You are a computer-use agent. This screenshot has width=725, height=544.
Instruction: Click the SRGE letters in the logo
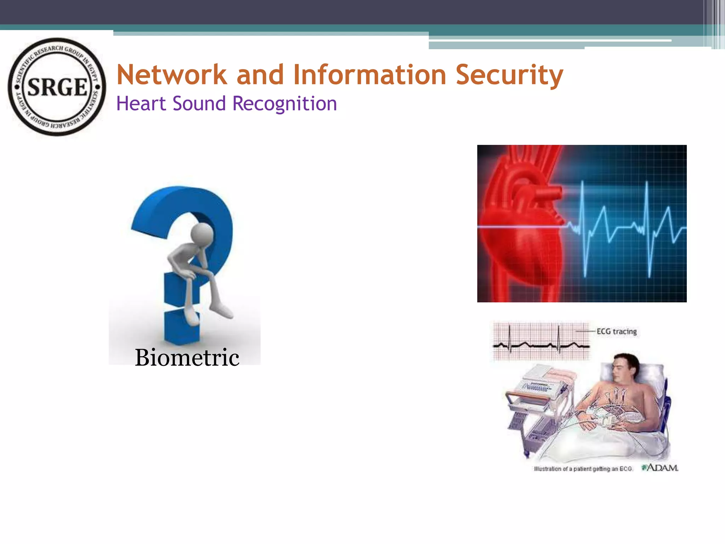click(57, 87)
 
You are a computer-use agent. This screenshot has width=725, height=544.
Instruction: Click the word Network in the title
click(172, 75)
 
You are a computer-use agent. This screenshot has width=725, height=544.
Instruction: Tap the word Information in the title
click(370, 75)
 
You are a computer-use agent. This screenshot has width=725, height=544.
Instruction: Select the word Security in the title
click(509, 75)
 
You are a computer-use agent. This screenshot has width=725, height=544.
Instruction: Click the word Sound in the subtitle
click(199, 104)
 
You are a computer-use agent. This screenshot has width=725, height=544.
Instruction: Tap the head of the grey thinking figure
click(202, 234)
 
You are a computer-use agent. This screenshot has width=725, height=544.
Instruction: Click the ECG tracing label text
click(616, 331)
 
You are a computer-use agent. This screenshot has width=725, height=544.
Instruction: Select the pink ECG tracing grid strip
click(541, 341)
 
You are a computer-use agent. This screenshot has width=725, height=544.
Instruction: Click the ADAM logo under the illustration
click(660, 468)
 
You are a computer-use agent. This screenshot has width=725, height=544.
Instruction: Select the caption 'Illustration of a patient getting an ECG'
click(583, 469)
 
